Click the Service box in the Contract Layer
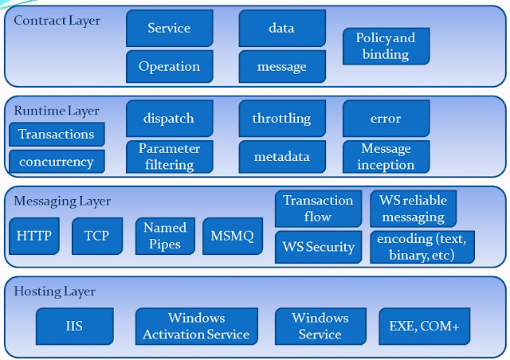tap(169, 29)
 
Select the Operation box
tap(169, 67)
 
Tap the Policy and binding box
tap(386, 46)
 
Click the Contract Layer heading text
tap(57, 20)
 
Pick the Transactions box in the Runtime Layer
tap(57, 134)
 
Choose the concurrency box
tap(57, 162)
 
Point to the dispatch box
tap(169, 119)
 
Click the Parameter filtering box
tap(169, 156)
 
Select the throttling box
tap(281, 119)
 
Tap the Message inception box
tap(386, 156)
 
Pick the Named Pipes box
tap(165, 236)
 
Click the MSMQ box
tap(232, 236)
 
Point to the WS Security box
tap(318, 247)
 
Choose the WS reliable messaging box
tap(413, 208)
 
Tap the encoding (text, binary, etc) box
tap(422, 247)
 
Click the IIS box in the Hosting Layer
tap(74, 326)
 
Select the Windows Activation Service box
tap(196, 326)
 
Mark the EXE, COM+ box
tap(424, 326)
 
